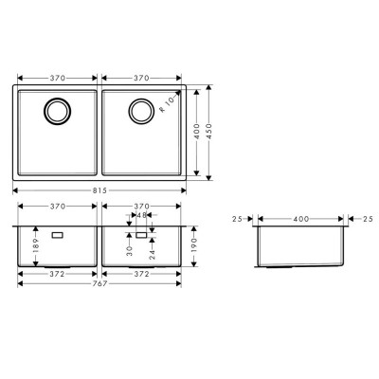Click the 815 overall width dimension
[x=99, y=190]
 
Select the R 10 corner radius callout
[x=167, y=104]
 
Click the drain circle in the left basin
[x=57, y=111]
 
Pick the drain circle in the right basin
[x=141, y=111]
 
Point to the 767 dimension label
[x=99, y=283]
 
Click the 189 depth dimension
[x=35, y=244]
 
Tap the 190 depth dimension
[x=194, y=244]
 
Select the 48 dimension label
[x=141, y=215]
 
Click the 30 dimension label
[x=129, y=251]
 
